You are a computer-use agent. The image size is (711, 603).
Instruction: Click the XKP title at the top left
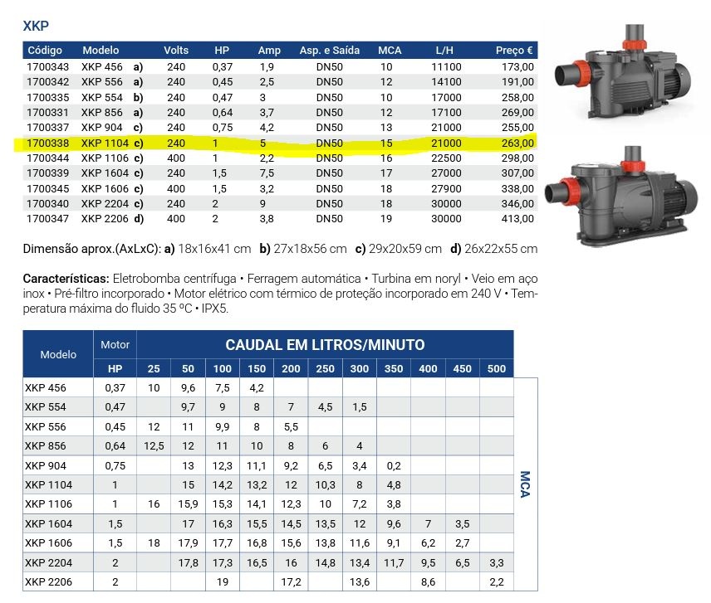(36, 26)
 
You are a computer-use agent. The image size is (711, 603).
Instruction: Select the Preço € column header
(514, 51)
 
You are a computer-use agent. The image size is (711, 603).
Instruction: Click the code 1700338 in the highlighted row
(47, 143)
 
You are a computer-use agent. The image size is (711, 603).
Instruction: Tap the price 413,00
(517, 219)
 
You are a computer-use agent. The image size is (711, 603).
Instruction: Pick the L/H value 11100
(446, 67)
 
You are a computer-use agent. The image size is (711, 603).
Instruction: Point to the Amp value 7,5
(267, 173)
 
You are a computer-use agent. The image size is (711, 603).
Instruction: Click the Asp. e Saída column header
(329, 51)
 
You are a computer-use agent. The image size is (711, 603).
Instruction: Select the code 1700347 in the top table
(47, 219)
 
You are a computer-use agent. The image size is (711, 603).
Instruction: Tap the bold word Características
(66, 279)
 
